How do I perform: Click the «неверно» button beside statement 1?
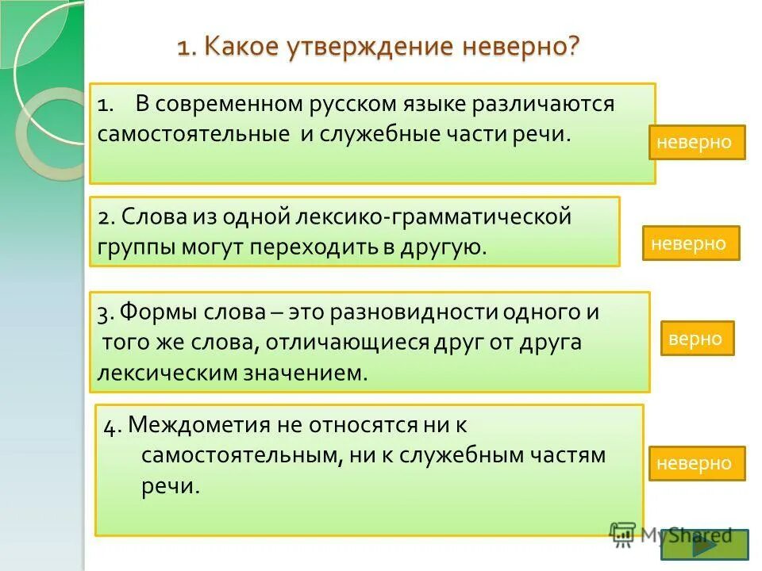[x=697, y=143]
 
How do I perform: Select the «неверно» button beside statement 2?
[x=691, y=243]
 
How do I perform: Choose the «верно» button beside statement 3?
[x=695, y=338]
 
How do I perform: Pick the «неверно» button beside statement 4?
[x=697, y=463]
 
